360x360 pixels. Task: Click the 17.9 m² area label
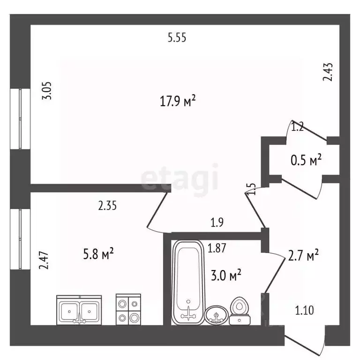178,101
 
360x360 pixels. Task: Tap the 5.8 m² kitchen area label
98,254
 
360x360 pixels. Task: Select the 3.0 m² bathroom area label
226,275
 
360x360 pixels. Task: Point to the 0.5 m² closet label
306,160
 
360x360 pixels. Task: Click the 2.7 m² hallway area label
303,255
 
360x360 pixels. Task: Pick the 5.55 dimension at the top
177,37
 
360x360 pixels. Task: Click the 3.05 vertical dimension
47,90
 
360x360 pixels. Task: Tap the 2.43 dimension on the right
328,72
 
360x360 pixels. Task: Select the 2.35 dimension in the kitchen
107,206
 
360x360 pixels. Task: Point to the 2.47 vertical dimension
44,260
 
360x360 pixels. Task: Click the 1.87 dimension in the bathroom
217,248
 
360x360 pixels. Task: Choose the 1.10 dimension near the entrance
304,310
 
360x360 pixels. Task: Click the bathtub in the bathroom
188,282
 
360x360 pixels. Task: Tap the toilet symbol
240,311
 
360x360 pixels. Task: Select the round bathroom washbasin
216,315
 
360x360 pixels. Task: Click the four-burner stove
128,309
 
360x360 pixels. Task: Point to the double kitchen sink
79,310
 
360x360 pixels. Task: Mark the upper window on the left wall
20,119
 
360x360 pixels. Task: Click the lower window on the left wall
20,239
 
